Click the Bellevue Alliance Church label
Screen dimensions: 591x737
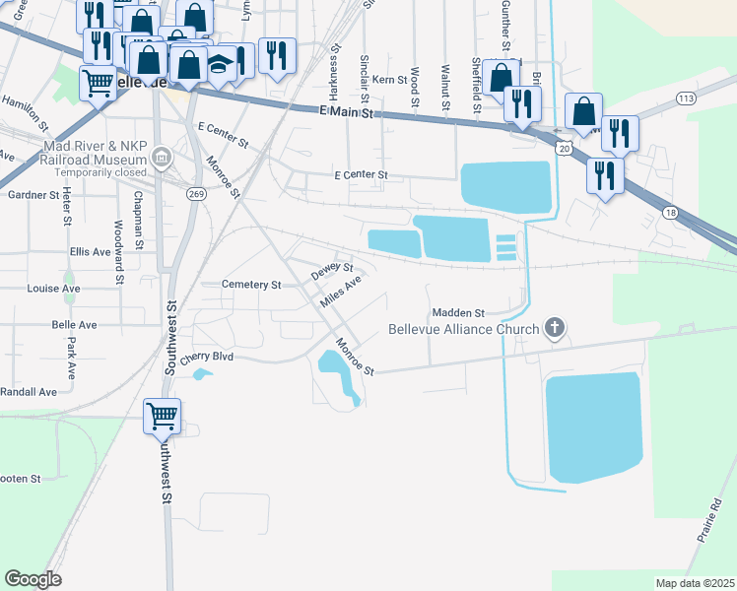click(463, 329)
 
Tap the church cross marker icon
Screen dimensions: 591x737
click(555, 328)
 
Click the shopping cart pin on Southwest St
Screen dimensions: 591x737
click(162, 415)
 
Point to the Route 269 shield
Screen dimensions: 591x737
click(196, 193)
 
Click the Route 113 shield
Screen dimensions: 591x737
click(687, 98)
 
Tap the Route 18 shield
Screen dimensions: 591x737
click(671, 212)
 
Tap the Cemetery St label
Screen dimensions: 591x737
click(252, 285)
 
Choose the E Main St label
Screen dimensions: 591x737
click(350, 113)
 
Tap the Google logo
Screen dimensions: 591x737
click(33, 579)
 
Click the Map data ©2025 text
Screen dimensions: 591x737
click(695, 583)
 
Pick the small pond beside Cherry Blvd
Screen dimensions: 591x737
click(203, 374)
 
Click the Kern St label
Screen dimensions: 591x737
click(390, 79)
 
